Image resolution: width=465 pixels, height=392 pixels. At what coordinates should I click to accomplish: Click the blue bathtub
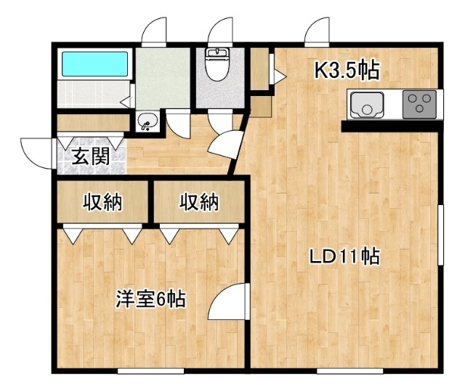pos(95,64)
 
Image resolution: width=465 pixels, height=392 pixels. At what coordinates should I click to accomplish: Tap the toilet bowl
pos(218,65)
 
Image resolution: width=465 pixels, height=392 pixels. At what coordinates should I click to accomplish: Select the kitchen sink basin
pos(367,105)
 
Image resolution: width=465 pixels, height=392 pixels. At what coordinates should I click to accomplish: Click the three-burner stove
pos(419,105)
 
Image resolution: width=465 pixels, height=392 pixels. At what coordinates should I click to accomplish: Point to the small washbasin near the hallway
pos(147,121)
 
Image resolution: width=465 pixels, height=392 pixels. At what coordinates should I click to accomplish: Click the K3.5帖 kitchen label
pos(347,71)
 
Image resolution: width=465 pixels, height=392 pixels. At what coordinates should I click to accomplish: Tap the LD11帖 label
pos(344,257)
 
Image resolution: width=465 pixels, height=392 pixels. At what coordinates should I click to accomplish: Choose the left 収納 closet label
pos(102,201)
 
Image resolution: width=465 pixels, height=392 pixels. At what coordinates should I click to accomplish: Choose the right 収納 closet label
pos(199,201)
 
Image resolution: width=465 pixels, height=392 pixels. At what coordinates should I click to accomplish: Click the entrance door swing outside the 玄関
pos(37,153)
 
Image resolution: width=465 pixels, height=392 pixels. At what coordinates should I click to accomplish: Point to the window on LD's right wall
pos(441,234)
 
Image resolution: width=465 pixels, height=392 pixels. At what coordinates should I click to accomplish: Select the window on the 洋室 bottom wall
pos(150,371)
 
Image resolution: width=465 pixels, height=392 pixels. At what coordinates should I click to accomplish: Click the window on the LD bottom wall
pos(350,371)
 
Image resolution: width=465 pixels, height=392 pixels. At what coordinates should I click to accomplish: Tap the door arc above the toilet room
pos(220,31)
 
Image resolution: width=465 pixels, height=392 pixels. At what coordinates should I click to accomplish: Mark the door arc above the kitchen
pos(317,31)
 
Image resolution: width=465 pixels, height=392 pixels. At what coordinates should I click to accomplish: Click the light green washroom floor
pos(163,79)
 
